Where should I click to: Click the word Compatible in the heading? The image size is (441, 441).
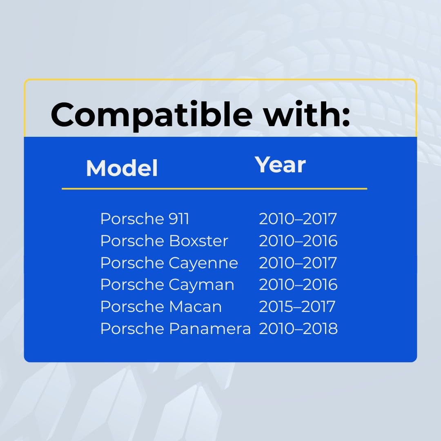(x=151, y=116)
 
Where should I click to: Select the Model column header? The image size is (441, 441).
(x=122, y=168)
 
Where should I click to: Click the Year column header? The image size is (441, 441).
(x=280, y=165)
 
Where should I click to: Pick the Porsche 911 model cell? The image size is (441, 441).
(x=145, y=219)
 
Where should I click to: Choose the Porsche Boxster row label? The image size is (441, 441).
(x=164, y=241)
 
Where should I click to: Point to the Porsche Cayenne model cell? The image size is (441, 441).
(x=169, y=263)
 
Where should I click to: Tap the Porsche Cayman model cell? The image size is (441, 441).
(x=167, y=285)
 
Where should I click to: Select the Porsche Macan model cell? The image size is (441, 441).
(x=161, y=306)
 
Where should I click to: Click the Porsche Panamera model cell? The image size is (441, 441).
(x=175, y=328)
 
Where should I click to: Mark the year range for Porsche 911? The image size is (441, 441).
(x=298, y=219)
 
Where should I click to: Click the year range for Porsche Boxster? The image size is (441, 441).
(x=298, y=241)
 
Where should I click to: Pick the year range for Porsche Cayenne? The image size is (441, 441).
(x=298, y=263)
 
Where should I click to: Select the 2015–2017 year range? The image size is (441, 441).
(x=297, y=306)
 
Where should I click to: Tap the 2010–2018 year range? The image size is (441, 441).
(x=298, y=328)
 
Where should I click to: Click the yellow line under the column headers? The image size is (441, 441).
(x=214, y=189)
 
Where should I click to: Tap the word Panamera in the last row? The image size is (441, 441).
(x=209, y=328)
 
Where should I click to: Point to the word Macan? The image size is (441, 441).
(x=195, y=306)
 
